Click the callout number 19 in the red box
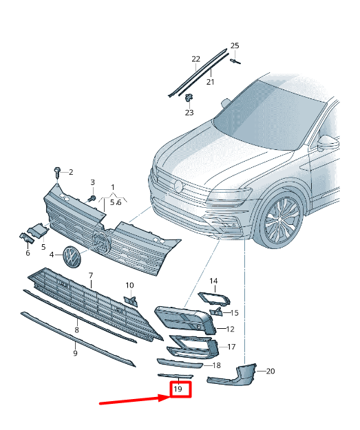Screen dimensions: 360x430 178,389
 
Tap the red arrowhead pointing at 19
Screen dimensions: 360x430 165,398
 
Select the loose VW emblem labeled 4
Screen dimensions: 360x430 71,255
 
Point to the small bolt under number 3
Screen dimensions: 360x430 92,198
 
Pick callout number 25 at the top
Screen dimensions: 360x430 235,45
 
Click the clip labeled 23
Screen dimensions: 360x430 189,98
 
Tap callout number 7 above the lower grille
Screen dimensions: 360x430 91,275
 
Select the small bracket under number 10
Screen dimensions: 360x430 131,301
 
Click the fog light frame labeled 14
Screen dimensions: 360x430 214,299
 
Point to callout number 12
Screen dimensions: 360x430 230,329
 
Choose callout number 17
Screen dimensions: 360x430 231,347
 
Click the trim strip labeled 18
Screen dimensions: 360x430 180,363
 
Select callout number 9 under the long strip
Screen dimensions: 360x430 76,353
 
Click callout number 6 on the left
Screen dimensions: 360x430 28,253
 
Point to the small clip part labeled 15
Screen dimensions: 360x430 216,312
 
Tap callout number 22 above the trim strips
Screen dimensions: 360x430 196,59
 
